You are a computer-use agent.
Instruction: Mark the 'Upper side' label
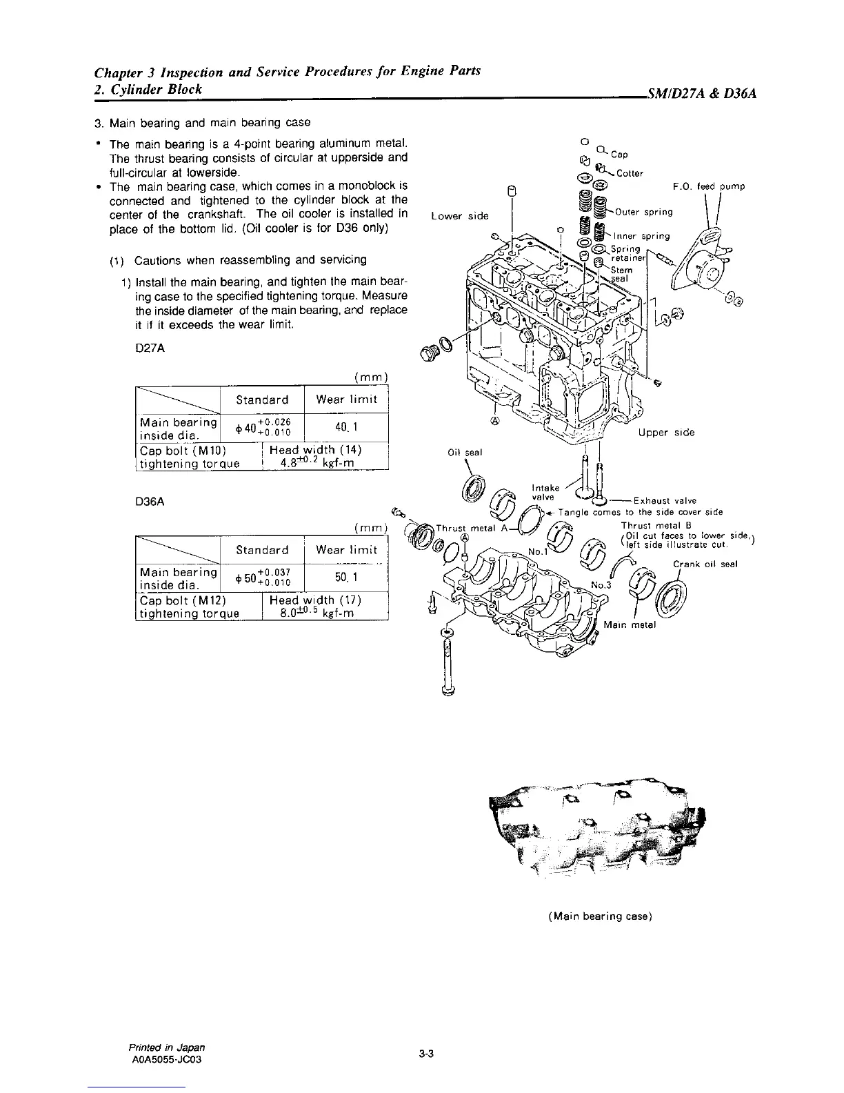(666, 432)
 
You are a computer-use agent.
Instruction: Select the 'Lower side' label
(459, 216)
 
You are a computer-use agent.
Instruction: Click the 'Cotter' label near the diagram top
(630, 173)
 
